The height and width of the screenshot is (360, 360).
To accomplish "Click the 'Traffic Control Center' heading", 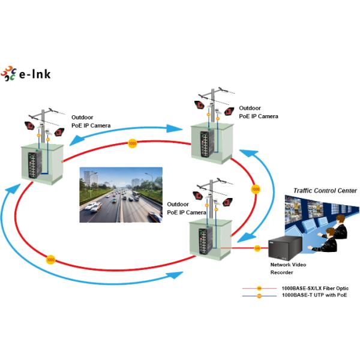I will point(325,191).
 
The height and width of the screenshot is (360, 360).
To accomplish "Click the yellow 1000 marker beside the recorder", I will point(257,248).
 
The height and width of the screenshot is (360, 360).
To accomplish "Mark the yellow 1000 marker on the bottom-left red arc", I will point(50,260).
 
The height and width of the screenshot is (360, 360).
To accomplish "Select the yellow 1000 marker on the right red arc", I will point(256,190).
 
